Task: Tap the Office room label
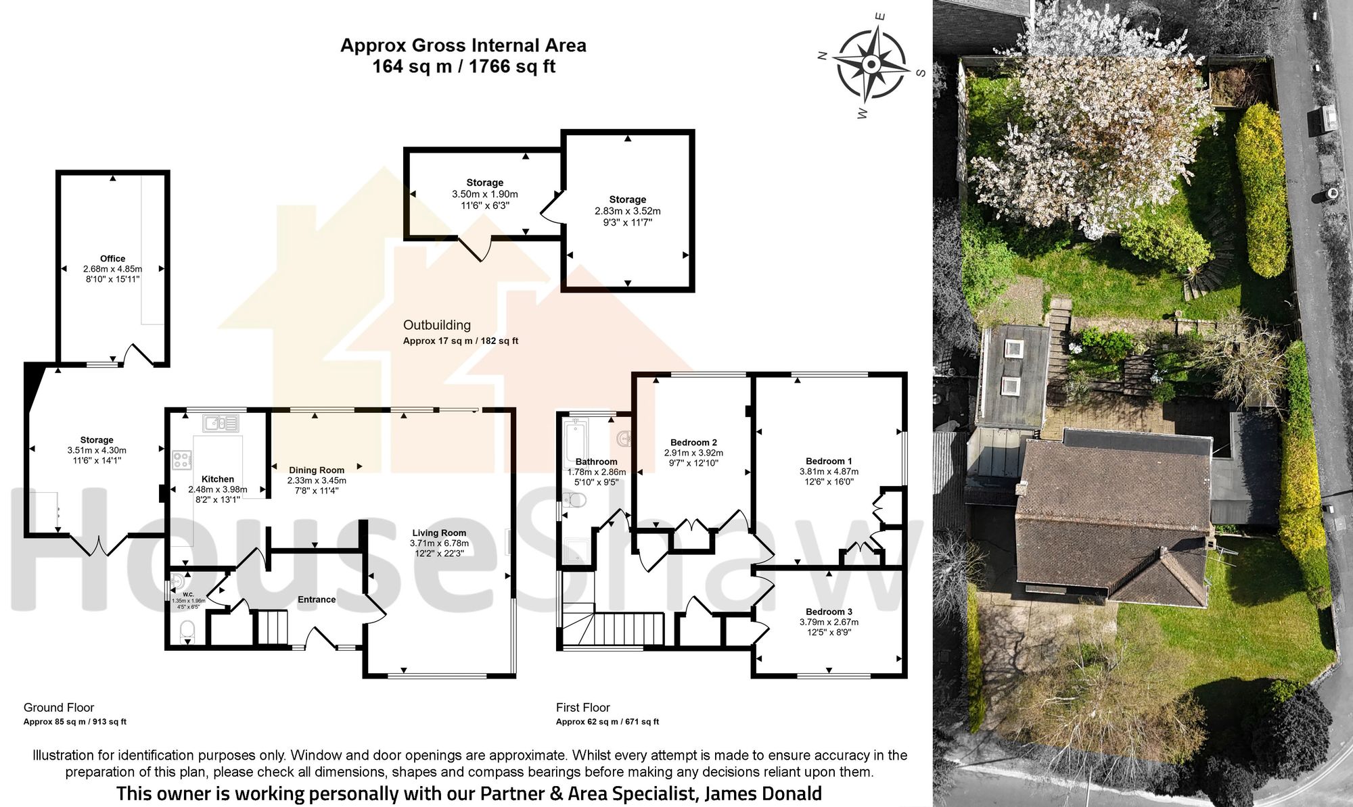point(112,258)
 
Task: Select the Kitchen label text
point(217,479)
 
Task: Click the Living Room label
point(439,533)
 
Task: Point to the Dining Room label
point(317,470)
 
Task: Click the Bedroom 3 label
point(829,612)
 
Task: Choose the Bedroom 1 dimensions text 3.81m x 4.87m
point(829,472)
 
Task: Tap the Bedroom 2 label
point(693,443)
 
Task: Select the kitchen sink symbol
point(221,423)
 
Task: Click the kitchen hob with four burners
point(182,460)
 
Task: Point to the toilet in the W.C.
point(187,632)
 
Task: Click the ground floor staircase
point(273,627)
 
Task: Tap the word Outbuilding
point(436,325)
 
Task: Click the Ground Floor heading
point(59,708)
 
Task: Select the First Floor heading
point(582,708)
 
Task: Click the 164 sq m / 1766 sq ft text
point(463,67)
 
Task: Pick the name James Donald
point(763,793)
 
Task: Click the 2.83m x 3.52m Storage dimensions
point(627,211)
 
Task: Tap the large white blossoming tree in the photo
point(1089,149)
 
